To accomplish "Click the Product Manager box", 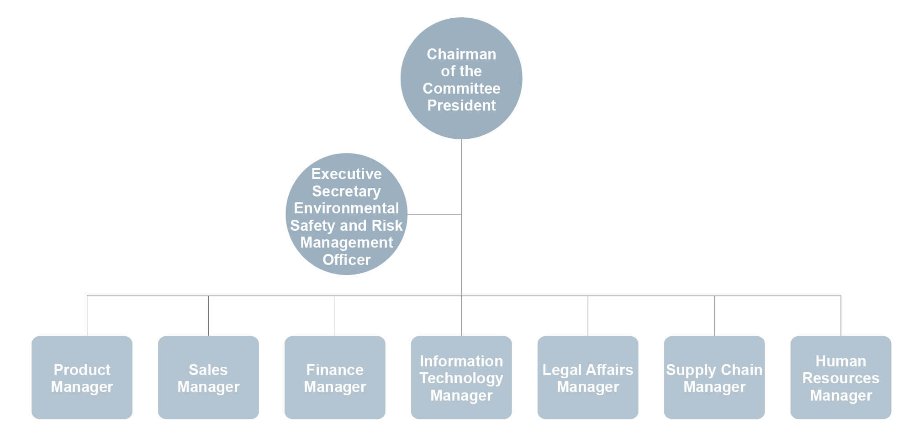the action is (x=82, y=377).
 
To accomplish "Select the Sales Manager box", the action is (x=208, y=377).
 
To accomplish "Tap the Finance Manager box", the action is (x=335, y=377).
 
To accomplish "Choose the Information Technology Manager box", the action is (x=461, y=377).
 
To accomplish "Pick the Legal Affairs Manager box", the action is (x=588, y=377).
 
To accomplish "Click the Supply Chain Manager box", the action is (x=714, y=377).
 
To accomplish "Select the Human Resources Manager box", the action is (x=841, y=377).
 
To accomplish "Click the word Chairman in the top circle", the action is (x=461, y=54).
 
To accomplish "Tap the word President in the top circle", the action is (x=461, y=106).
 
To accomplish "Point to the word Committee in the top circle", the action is (x=461, y=89).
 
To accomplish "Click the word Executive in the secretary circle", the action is (x=346, y=174).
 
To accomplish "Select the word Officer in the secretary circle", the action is (x=346, y=260).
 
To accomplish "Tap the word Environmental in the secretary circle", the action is (x=346, y=208).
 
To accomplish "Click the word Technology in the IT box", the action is (x=461, y=378).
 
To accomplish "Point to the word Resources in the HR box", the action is (x=841, y=378).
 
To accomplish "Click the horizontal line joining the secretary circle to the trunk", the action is (x=434, y=214).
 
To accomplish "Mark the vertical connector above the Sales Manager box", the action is (x=208, y=316).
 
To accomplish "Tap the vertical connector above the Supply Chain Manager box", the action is (x=714, y=316).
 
